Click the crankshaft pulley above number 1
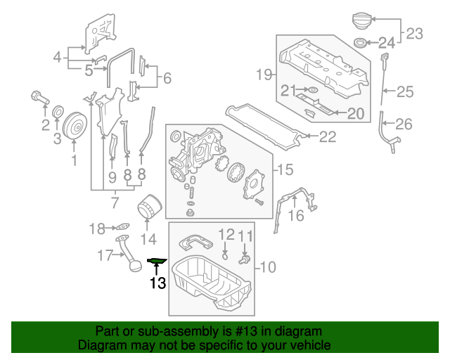[74, 126]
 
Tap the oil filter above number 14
[148, 207]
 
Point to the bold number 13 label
[157, 283]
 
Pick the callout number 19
[263, 75]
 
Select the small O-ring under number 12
[225, 255]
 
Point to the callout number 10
[269, 267]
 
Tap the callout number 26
[404, 125]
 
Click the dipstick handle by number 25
[384, 57]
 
